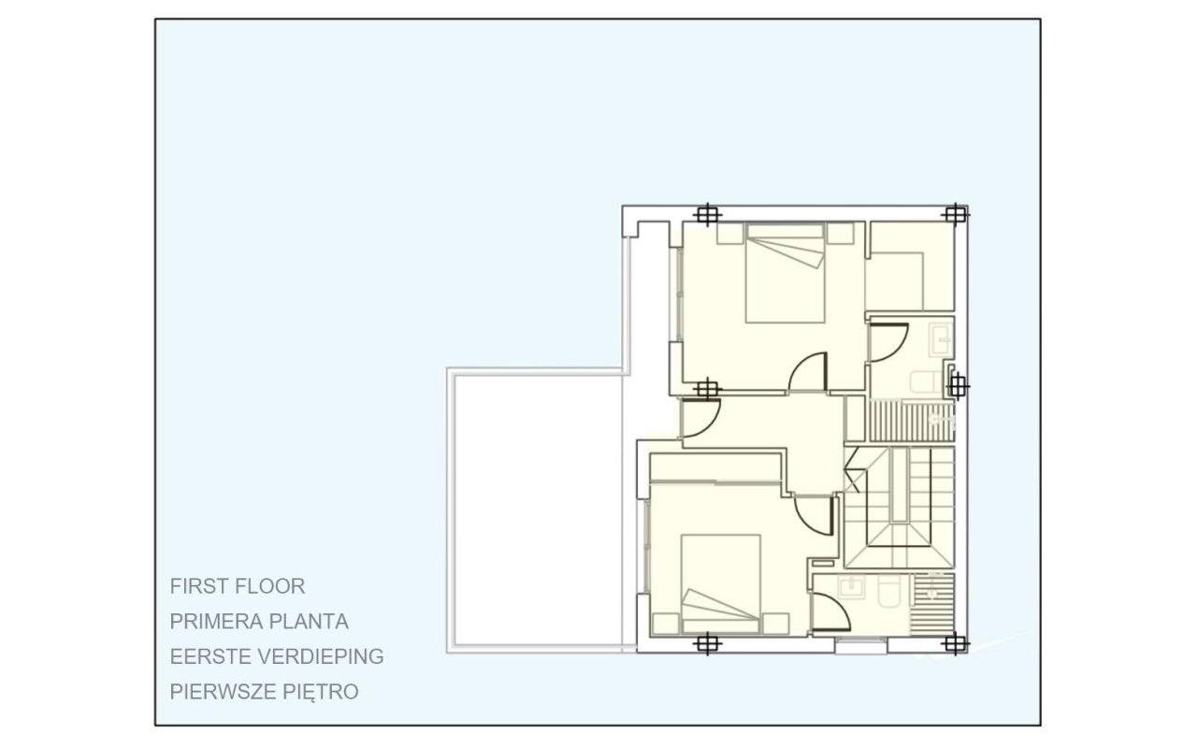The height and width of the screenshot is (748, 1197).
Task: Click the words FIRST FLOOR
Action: tap(238, 586)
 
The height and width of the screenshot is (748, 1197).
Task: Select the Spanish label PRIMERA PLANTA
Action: tap(259, 621)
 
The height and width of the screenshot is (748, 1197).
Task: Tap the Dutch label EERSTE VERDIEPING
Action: tap(277, 656)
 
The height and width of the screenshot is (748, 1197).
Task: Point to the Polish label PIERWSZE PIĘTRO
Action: tap(265, 692)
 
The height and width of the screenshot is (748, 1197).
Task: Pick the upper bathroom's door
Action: tap(888, 341)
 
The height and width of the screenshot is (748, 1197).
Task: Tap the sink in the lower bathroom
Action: tap(852, 587)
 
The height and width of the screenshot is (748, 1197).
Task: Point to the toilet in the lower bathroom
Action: tap(889, 592)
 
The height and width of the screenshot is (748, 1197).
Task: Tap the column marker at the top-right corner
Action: tap(953, 214)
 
